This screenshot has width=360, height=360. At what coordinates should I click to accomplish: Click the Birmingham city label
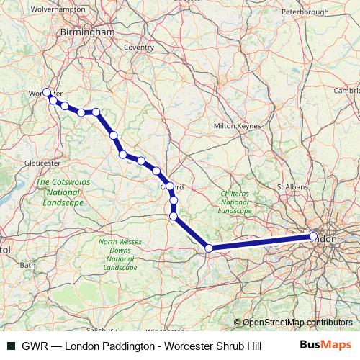89,33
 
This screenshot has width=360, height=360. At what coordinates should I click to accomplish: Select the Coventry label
139,47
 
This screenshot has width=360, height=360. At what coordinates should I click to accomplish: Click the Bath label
28,265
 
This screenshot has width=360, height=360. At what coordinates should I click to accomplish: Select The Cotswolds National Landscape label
63,192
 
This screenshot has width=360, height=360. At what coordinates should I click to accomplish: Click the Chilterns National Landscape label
234,202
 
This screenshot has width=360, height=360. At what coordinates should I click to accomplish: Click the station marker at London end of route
313,236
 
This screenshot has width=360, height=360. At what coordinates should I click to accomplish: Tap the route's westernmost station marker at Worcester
47,92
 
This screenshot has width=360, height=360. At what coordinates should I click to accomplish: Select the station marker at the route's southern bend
209,248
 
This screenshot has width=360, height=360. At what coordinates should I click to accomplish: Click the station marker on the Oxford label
171,186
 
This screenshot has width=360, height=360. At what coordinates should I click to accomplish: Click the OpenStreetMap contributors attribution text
297,322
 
